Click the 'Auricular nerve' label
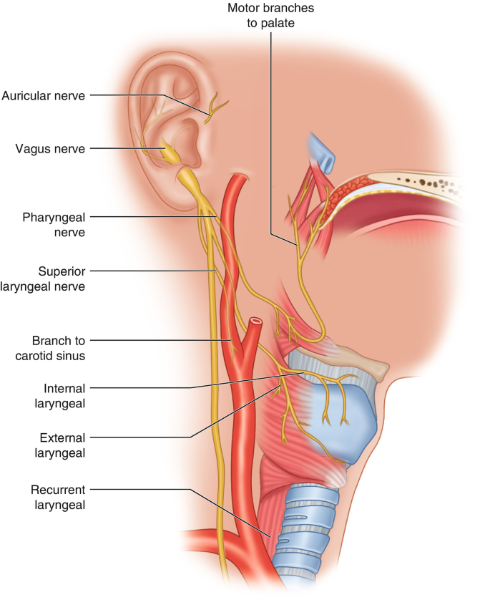pyautogui.click(x=44, y=95)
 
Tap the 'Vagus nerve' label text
pyautogui.click(x=50, y=149)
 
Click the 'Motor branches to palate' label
pyautogui.click(x=270, y=15)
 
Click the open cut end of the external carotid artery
pyautogui.click(x=255, y=323)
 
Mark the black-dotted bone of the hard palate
pyautogui.click(x=429, y=183)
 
